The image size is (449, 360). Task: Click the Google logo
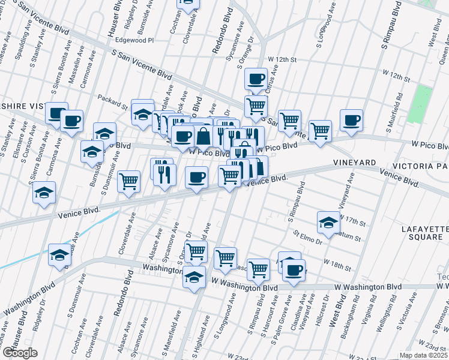point(19,352)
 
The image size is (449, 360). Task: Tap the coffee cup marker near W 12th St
point(256,79)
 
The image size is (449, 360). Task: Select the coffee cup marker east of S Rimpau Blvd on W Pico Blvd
point(351,119)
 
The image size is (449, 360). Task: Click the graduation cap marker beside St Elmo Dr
point(328,222)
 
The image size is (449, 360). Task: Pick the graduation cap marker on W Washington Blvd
point(194,277)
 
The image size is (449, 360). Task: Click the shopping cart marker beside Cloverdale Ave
point(129,181)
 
